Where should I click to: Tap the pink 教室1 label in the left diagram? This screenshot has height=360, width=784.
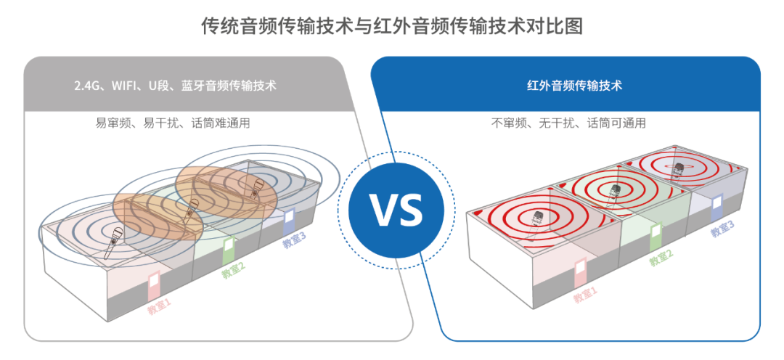tap(159, 307)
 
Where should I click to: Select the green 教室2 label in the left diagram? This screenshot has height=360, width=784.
tap(233, 271)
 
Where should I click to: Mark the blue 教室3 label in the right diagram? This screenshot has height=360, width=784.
tap(722, 229)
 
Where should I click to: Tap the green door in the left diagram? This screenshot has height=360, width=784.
tap(229, 250)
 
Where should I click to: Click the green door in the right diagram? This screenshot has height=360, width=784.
tap(656, 237)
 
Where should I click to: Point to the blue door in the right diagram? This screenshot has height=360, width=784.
tap(716, 207)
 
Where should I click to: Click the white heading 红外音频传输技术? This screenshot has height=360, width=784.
tap(574, 86)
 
